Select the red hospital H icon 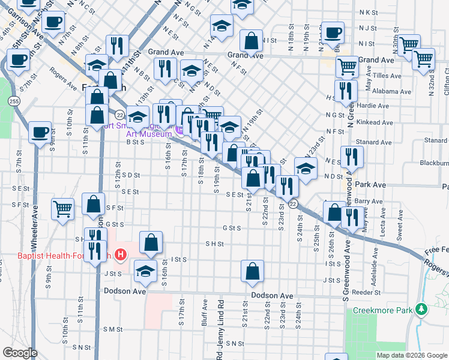pyautogui.click(x=121, y=256)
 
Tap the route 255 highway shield pyautogui.click(x=14, y=102)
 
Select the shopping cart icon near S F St pyautogui.click(x=62, y=209)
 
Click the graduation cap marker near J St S pyautogui.click(x=145, y=271)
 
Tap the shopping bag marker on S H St pyautogui.click(x=151, y=242)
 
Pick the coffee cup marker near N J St pyautogui.click(x=333, y=32)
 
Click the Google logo pyautogui.click(x=20, y=353)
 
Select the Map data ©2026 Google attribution pyautogui.click(x=411, y=355)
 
